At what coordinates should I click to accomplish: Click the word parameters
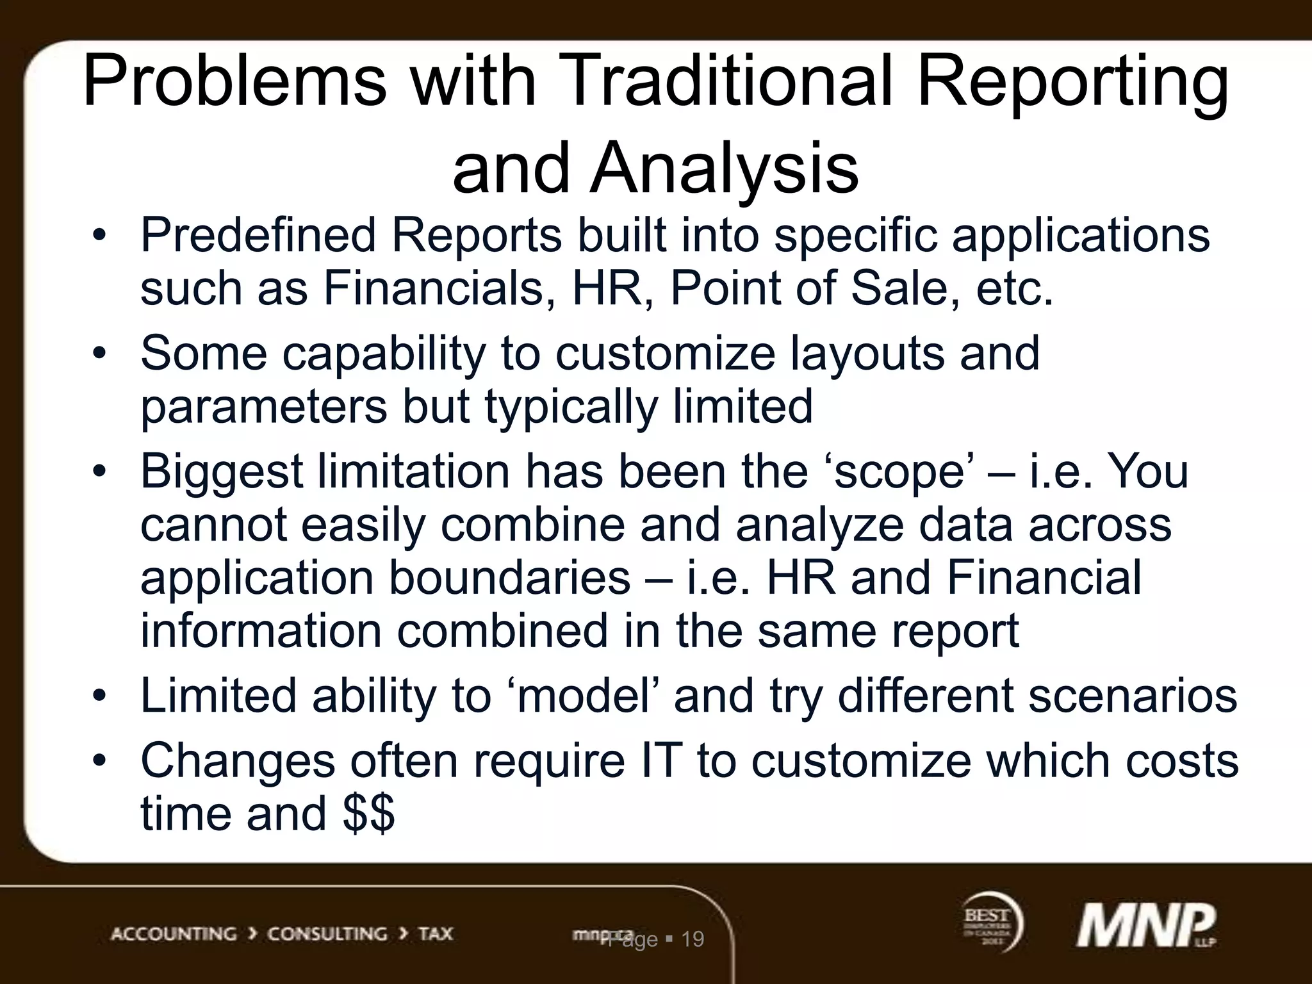(x=263, y=407)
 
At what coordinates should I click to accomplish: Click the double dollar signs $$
(x=368, y=814)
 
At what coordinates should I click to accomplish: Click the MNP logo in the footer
(x=1145, y=925)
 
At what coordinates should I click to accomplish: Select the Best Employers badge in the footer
(x=992, y=922)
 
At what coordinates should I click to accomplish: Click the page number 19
(x=693, y=939)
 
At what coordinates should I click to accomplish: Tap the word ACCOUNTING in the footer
(x=174, y=934)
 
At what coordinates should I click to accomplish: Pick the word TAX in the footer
(x=436, y=934)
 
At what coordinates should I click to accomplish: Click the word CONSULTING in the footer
(x=327, y=934)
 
